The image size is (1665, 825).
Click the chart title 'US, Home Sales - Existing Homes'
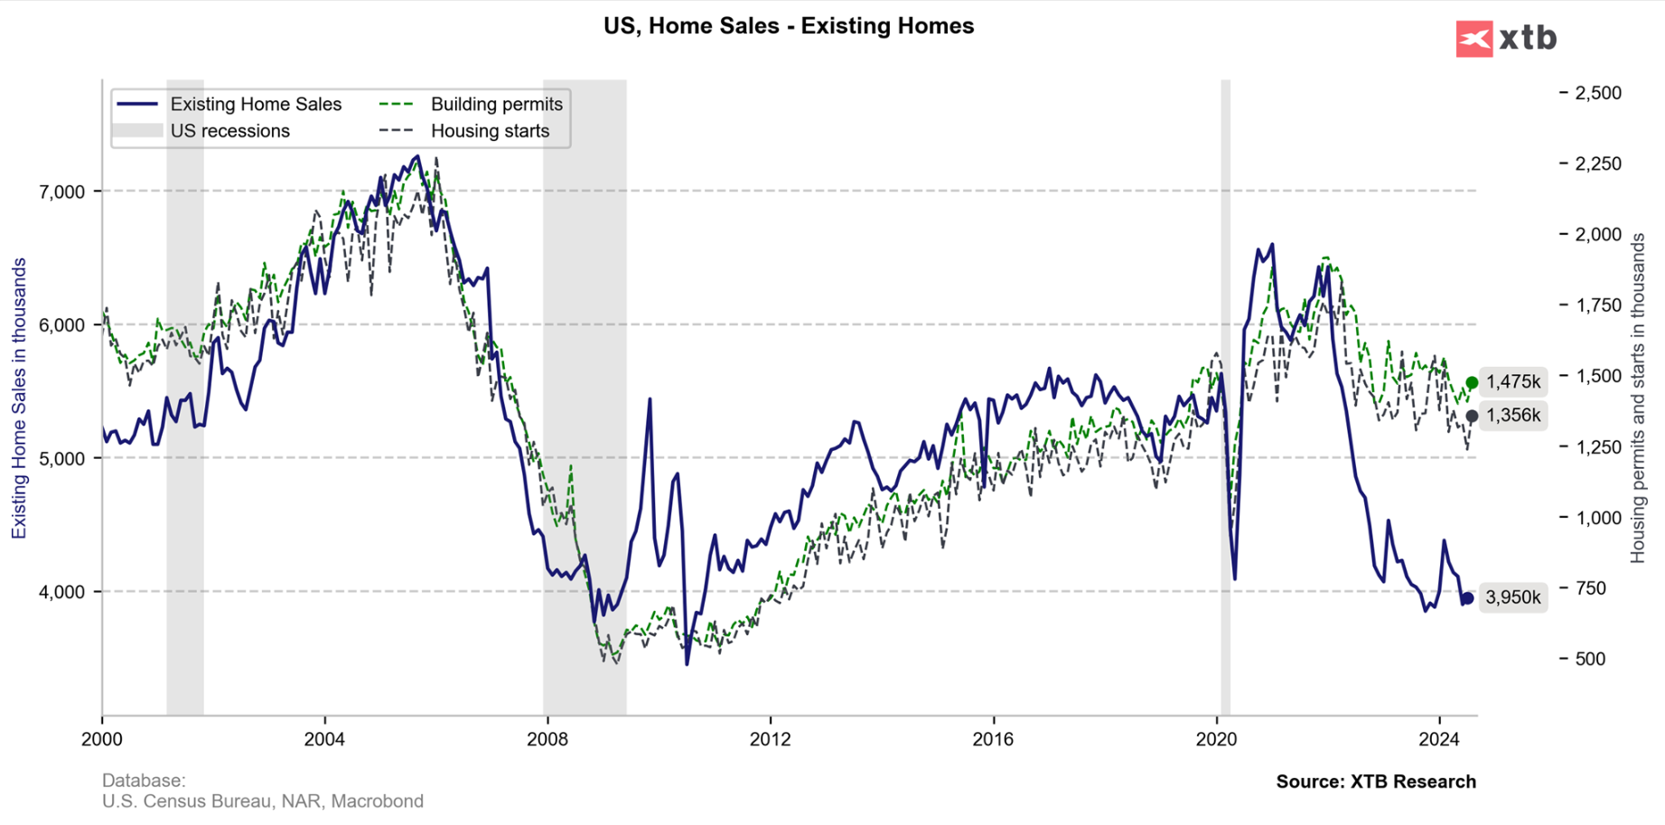click(789, 26)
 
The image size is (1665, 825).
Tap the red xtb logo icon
click(1473, 39)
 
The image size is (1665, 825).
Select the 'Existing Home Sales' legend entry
click(256, 105)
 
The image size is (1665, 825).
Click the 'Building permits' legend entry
click(496, 105)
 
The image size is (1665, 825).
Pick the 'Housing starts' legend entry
click(490, 131)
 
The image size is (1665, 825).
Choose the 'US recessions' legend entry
click(229, 131)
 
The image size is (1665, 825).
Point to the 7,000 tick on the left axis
click(61, 192)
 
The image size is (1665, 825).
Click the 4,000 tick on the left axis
click(61, 592)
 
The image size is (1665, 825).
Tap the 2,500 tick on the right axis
click(1598, 93)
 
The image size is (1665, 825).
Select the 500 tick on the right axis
click(1590, 659)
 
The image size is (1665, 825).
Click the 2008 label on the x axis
click(547, 739)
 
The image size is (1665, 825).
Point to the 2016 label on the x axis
click(993, 739)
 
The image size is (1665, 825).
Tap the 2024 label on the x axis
click(1439, 739)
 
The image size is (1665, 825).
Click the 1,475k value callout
click(1513, 382)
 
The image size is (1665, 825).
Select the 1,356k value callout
click(1513, 416)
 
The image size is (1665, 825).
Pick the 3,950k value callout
click(1513, 597)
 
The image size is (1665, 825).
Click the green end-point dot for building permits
click(1472, 383)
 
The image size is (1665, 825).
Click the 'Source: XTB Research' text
click(1375, 782)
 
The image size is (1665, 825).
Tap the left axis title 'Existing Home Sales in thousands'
click(19, 398)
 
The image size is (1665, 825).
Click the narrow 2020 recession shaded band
click(1226, 398)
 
